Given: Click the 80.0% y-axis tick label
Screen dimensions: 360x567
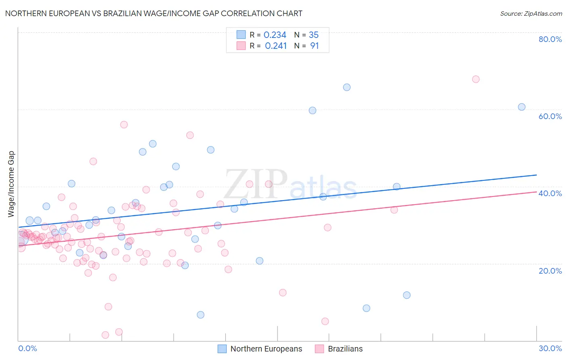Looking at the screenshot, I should (x=550, y=39).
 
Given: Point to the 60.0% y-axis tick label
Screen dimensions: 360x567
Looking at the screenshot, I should (x=550, y=116).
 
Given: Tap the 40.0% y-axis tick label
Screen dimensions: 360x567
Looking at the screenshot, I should (x=550, y=193).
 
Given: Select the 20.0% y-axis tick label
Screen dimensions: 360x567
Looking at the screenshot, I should (x=550, y=271).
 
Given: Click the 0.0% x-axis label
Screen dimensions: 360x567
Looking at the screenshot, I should (x=27, y=348).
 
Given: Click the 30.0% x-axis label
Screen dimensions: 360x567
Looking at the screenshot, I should (x=550, y=348).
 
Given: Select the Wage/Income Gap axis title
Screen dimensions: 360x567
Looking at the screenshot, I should (x=11, y=184).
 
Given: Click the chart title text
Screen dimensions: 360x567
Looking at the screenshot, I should (x=154, y=13).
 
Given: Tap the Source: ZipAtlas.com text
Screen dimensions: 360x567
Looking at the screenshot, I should (x=531, y=13).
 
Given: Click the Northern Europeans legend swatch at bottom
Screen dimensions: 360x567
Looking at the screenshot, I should (x=222, y=349).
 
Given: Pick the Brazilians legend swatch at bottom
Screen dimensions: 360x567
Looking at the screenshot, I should (x=319, y=349).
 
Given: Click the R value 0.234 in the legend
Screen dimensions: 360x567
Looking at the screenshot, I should (x=275, y=35).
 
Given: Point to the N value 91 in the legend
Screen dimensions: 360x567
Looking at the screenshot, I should (x=314, y=46).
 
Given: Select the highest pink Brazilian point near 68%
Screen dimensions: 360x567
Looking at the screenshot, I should (x=476, y=79).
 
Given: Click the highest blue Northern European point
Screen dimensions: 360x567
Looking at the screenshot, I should (x=347, y=87).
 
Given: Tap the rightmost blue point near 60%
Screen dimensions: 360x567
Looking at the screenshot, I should (x=522, y=107).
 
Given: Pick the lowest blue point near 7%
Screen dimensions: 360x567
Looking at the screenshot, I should (x=200, y=315).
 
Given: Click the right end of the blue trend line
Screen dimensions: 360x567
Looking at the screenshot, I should (x=536, y=175).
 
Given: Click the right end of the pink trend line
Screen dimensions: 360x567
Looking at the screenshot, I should (x=536, y=192).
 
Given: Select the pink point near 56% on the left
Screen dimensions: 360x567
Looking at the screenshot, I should (x=124, y=125).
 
